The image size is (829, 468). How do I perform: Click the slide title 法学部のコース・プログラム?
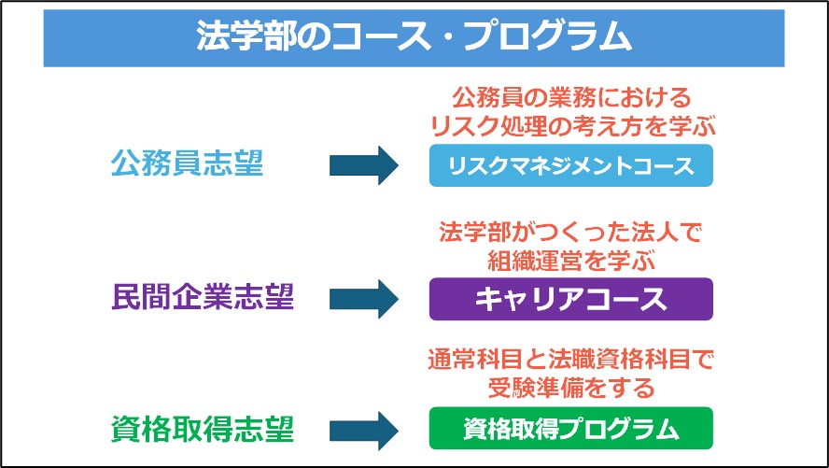414,37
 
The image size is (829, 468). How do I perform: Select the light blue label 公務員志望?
187,164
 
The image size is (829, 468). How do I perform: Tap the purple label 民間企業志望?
203,298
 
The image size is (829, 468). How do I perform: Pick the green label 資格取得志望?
203,430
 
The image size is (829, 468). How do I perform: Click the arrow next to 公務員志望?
364,165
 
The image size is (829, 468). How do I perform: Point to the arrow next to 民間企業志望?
364,299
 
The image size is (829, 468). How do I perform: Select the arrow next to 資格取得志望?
364,431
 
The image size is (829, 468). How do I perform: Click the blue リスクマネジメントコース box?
571,165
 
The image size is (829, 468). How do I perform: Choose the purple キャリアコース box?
571,299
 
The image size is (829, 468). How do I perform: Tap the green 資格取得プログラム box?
571,429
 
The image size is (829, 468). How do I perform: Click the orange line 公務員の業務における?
571,98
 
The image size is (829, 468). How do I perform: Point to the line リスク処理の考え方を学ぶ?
572,126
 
